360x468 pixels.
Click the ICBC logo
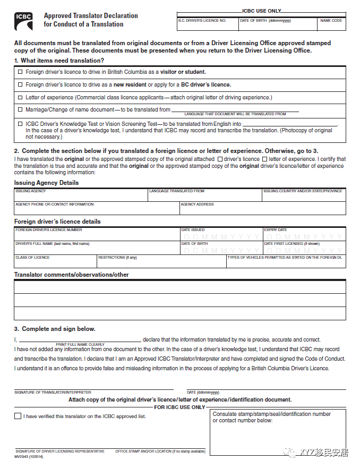point(24,20)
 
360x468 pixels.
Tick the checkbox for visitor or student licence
point(20,72)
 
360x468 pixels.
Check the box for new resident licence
point(20,84)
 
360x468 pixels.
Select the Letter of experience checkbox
point(20,97)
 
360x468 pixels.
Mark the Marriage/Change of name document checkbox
point(20,110)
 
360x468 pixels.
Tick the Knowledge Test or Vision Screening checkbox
point(20,124)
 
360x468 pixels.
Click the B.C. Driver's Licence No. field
point(207,24)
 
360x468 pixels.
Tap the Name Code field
point(331,24)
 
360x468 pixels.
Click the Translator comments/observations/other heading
point(71,275)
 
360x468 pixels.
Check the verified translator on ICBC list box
point(18,416)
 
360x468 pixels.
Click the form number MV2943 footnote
point(29,456)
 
